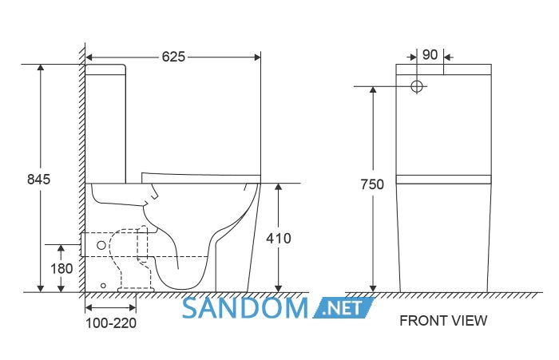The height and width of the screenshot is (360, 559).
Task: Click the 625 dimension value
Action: click(x=173, y=57)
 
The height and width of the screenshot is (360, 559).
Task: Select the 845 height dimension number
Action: click(x=39, y=180)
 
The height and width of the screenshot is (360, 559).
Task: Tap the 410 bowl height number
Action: click(x=279, y=239)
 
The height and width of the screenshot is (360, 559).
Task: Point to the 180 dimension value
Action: click(x=61, y=269)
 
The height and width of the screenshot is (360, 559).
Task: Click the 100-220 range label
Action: click(x=111, y=323)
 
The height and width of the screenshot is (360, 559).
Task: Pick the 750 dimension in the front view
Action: click(x=372, y=184)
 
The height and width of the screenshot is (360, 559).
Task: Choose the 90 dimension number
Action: click(x=430, y=54)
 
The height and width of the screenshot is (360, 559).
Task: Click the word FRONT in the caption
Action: click(x=419, y=321)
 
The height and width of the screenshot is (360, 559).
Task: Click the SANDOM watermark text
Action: click(x=245, y=308)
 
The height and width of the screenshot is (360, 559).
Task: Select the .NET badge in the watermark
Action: click(x=343, y=308)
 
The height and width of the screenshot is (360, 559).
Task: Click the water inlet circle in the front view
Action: click(x=417, y=86)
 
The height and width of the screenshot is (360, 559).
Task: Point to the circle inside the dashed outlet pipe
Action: click(x=101, y=245)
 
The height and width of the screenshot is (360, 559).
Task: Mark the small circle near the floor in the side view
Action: click(x=103, y=286)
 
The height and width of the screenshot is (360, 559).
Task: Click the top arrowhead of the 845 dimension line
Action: click(x=41, y=68)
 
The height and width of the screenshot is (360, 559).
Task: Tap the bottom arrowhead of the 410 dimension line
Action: click(x=279, y=288)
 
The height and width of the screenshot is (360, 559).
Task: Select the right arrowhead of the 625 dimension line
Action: click(x=256, y=57)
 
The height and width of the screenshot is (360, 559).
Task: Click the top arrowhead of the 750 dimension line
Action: click(x=373, y=90)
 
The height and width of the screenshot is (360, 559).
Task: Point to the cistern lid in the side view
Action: click(x=105, y=69)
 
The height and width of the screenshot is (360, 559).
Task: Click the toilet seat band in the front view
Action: click(x=443, y=180)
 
